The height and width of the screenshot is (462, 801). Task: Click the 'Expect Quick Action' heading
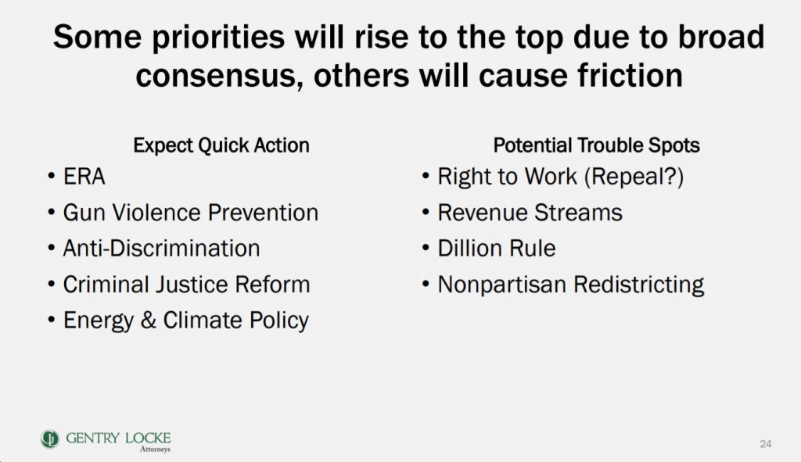(221, 145)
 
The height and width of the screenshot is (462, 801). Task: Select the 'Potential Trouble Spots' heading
(596, 145)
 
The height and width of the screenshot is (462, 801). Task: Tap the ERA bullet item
(84, 177)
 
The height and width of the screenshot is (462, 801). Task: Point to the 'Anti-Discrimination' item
(161, 249)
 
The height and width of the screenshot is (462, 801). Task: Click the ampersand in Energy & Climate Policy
(148, 321)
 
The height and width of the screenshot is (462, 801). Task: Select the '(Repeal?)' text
(634, 177)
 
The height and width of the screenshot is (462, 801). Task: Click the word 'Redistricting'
(638, 285)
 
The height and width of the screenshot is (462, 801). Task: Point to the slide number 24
(765, 443)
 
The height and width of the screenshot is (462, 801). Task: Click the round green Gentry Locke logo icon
(49, 439)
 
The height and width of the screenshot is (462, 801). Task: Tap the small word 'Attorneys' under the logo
(156, 449)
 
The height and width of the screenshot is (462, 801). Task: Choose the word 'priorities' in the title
(217, 38)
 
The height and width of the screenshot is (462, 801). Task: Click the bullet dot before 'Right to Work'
(426, 177)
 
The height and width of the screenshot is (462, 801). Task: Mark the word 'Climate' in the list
(203, 321)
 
